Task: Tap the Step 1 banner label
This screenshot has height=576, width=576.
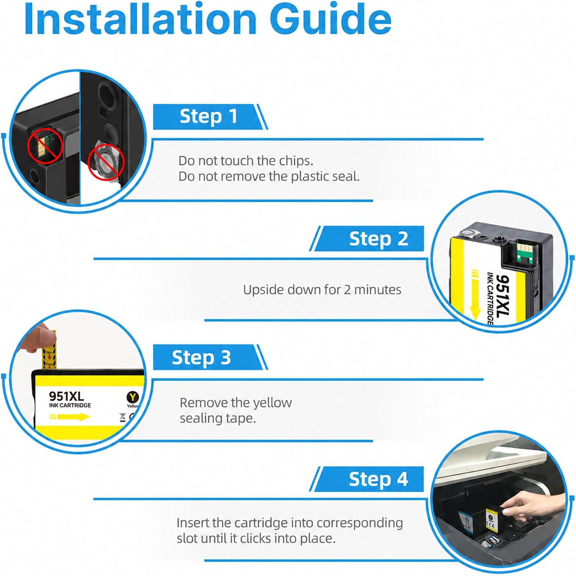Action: click(209, 116)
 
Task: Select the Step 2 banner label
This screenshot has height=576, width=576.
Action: click(378, 239)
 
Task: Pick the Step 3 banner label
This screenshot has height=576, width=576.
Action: click(201, 357)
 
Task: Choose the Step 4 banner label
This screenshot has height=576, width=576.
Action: click(378, 479)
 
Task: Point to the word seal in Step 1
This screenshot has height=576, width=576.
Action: click(346, 176)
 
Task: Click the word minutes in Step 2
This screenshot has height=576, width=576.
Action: click(377, 289)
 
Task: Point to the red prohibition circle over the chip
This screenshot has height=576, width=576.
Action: click(45, 146)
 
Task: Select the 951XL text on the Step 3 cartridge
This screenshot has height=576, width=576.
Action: click(66, 396)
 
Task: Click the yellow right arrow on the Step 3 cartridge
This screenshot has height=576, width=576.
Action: click(70, 417)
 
